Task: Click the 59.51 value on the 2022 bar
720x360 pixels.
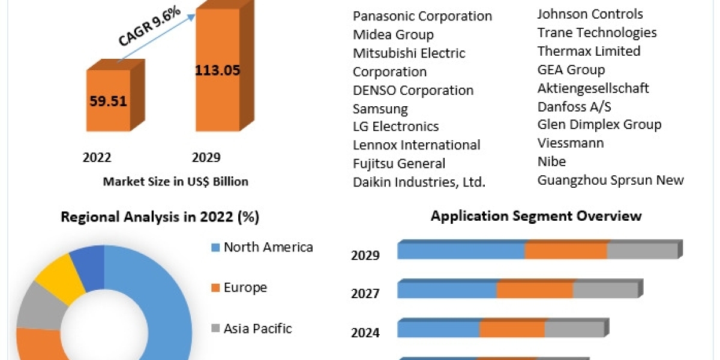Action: (x=109, y=100)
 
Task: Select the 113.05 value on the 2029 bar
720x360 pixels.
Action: (x=217, y=70)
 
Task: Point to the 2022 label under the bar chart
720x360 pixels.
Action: (x=97, y=157)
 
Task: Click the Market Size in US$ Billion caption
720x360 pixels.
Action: (x=176, y=181)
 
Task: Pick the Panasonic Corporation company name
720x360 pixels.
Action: (x=422, y=16)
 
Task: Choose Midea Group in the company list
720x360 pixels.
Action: (x=393, y=35)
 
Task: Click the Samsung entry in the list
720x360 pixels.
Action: (x=380, y=109)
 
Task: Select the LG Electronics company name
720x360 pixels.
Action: (x=395, y=127)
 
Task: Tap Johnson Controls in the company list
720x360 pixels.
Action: (x=590, y=14)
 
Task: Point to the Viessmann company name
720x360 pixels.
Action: (x=571, y=143)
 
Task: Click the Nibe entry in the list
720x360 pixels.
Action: (x=551, y=161)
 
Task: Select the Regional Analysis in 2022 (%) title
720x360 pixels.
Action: (x=160, y=217)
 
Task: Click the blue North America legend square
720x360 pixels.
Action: (x=215, y=247)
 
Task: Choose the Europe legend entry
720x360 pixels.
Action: (x=245, y=287)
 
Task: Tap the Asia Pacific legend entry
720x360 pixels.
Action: (x=257, y=328)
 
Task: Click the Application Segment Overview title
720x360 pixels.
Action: (x=536, y=216)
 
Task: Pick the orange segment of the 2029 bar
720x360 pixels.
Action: (x=566, y=251)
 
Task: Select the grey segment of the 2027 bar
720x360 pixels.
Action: (x=604, y=290)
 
